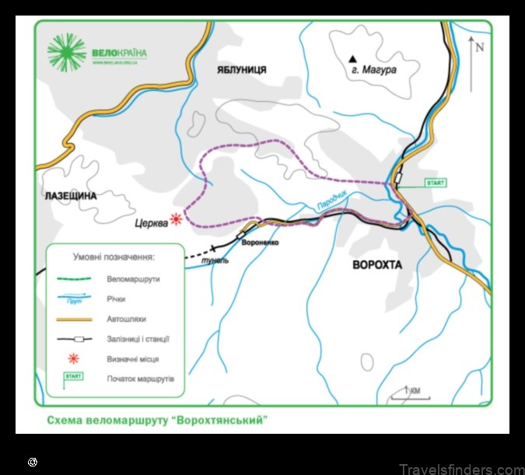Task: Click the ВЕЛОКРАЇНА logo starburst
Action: coord(67,53)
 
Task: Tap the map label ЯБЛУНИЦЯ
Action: coord(241,70)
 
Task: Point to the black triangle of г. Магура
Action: coord(353,58)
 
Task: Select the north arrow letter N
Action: coord(479,47)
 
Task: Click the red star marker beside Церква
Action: coord(177,219)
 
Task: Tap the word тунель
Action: coord(215,260)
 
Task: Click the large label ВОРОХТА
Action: coord(377,264)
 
